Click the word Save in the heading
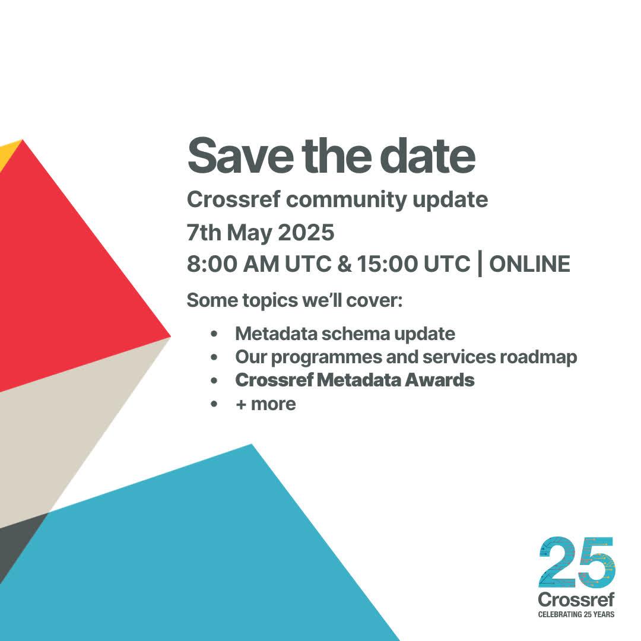click(x=240, y=156)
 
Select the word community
click(x=346, y=201)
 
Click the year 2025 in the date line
click(x=306, y=232)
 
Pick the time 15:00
click(x=388, y=264)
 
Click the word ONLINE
click(x=529, y=264)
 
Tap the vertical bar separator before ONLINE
click(x=480, y=265)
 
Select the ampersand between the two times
click(x=344, y=264)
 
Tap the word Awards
click(x=439, y=380)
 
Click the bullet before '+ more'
click(x=214, y=404)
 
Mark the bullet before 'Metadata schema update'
click(x=214, y=334)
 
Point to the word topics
click(x=270, y=300)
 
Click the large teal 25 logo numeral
click(x=577, y=563)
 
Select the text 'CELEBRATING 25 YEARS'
click(x=576, y=614)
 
